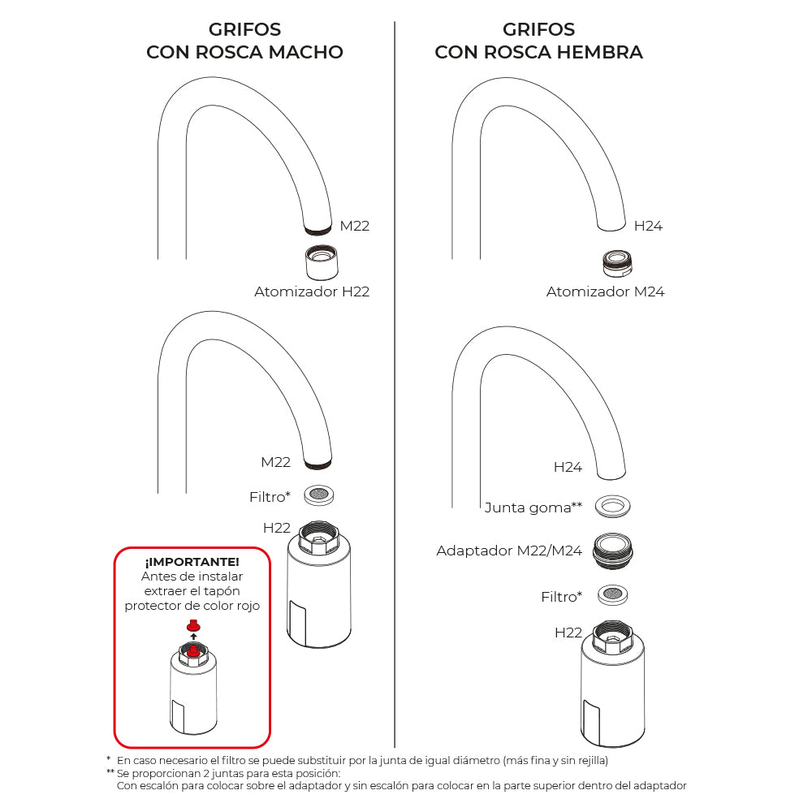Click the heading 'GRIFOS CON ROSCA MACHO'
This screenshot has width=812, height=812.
pyautogui.click(x=244, y=41)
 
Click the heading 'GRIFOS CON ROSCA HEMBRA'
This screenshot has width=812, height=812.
pyautogui.click(x=538, y=41)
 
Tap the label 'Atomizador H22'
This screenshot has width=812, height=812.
pyautogui.click(x=312, y=292)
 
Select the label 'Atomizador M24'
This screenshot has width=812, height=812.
pyautogui.click(x=605, y=292)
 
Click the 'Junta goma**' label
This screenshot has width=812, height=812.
pyautogui.click(x=533, y=508)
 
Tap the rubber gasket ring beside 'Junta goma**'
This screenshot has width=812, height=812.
pyautogui.click(x=614, y=506)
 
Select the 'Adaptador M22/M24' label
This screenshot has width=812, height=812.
pyautogui.click(x=509, y=551)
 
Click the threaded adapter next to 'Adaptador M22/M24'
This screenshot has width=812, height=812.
pyautogui.click(x=614, y=550)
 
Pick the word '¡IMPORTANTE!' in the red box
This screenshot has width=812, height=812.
pyautogui.click(x=192, y=562)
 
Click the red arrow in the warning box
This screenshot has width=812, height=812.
pyautogui.click(x=193, y=637)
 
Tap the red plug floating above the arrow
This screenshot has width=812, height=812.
pyautogui.click(x=193, y=625)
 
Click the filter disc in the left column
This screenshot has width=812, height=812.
pyautogui.click(x=321, y=494)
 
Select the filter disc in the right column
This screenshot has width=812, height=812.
pyautogui.click(x=614, y=594)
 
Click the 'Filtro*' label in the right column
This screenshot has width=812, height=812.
pyautogui.click(x=562, y=597)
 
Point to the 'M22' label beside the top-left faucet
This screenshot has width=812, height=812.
pyautogui.click(x=354, y=226)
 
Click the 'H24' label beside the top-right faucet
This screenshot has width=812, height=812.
pyautogui.click(x=648, y=226)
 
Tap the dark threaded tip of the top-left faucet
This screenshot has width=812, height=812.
pyautogui.click(x=317, y=230)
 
